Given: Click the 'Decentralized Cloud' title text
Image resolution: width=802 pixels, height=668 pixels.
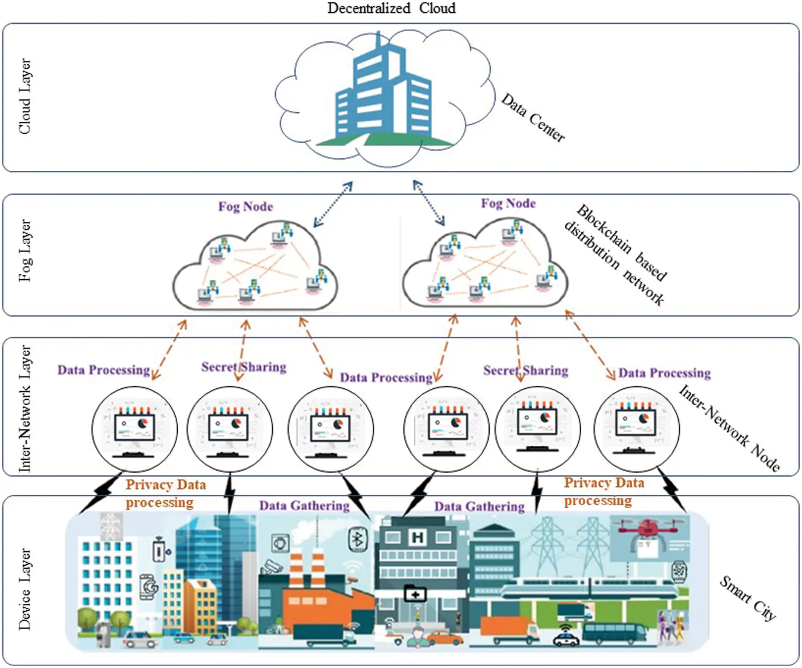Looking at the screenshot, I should pos(391,8).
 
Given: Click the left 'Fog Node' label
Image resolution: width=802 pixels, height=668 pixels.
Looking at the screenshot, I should pos(245,207).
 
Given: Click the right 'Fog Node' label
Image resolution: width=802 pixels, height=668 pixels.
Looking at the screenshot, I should pos(508,204).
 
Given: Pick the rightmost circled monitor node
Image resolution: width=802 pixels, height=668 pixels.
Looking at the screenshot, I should pos(637,429).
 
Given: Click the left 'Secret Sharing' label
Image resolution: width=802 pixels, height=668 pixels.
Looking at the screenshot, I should pos(244,367).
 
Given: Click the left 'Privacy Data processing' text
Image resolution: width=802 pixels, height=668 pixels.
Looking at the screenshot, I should pos(165,494).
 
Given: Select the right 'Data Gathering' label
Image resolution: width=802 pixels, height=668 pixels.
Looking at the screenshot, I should pos(479,507).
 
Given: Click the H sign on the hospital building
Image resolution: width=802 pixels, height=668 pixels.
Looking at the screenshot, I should pos(417,537).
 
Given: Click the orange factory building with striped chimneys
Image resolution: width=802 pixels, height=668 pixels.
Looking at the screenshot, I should pos(314,600).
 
